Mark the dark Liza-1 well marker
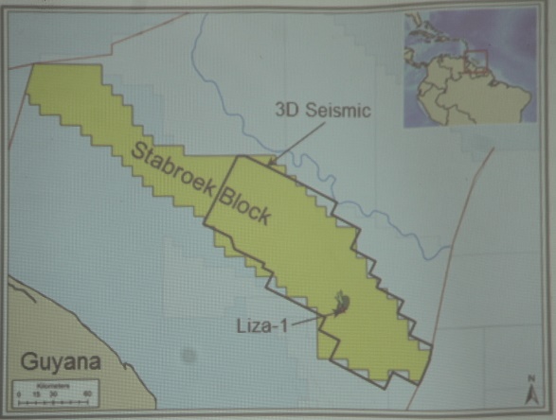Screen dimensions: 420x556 coord(338,306)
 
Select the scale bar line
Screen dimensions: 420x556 coord(52,401)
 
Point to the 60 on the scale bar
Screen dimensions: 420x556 coord(86,393)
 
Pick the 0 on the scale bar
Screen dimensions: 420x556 coord(19,393)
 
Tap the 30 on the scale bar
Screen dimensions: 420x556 coord(52,393)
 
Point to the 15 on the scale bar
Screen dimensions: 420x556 coord(35,393)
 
